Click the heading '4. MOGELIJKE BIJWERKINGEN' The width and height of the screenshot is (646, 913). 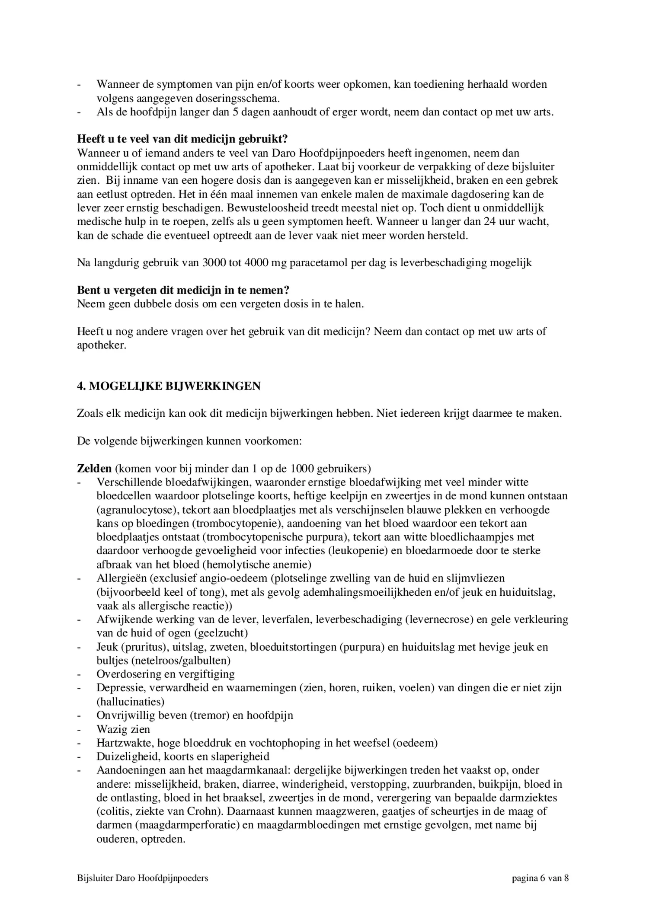pyautogui.click(x=169, y=386)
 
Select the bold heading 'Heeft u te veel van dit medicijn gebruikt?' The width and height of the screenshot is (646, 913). pyautogui.click(x=182, y=139)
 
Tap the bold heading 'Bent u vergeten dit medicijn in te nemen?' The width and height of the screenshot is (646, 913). pyautogui.click(x=183, y=290)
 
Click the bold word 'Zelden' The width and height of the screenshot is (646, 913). pyautogui.click(x=94, y=469)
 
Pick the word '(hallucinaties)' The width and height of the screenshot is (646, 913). pyautogui.click(x=130, y=701)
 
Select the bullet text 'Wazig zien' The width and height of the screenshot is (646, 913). pyautogui.click(x=123, y=729)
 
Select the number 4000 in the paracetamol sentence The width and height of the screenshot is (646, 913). pyautogui.click(x=256, y=263)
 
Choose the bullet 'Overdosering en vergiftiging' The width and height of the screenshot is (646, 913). pyautogui.click(x=166, y=674)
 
